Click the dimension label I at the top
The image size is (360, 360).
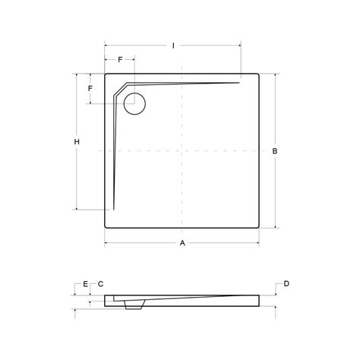173,46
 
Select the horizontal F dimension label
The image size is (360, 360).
120,60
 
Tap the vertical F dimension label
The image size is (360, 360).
90,89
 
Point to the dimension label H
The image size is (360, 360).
77,142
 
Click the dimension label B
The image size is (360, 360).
275,151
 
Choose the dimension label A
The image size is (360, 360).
182,243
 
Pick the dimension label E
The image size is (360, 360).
86,284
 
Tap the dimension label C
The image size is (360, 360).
100,284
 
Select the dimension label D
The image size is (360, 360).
286,284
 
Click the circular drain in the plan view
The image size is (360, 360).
134,104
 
